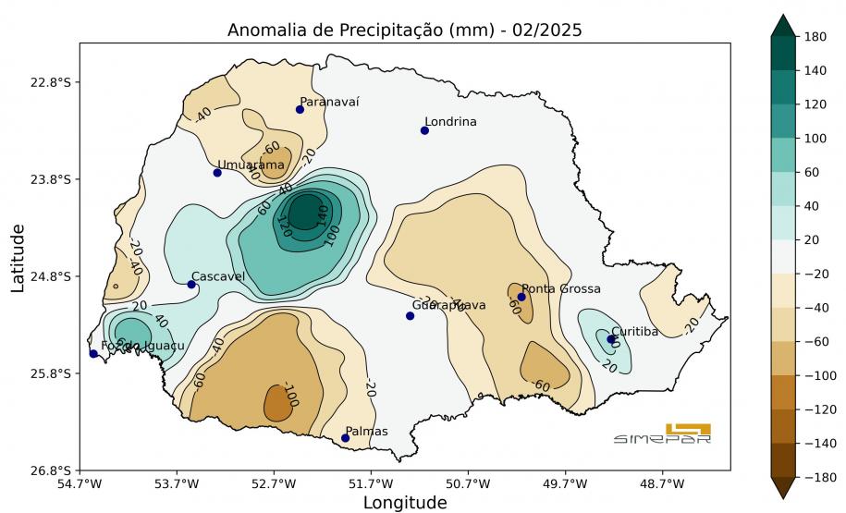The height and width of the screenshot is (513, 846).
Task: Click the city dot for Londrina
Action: click(424, 130)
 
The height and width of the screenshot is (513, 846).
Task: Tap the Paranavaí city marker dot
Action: click(300, 109)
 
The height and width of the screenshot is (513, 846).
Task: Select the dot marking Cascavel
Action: click(191, 284)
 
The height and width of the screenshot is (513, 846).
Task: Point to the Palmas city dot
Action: click(345, 438)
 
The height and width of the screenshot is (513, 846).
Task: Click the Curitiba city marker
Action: click(611, 339)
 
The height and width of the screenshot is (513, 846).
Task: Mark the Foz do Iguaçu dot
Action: click(93, 354)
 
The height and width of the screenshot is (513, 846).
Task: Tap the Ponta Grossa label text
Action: click(561, 289)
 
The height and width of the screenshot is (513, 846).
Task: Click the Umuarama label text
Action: click(251, 165)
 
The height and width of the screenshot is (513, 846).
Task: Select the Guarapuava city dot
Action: click(410, 316)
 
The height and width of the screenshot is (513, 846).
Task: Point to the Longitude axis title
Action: click(404, 503)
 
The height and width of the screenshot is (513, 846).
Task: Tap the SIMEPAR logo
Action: click(663, 434)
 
